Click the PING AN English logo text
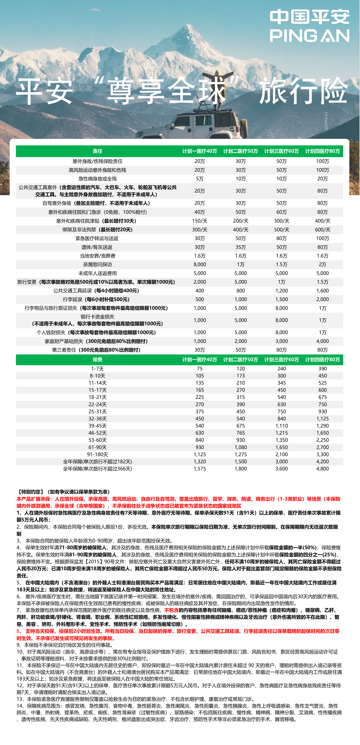click(x=309, y=36)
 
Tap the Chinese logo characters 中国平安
click(x=309, y=17)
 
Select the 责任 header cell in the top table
click(x=97, y=151)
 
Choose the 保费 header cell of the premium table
click(x=97, y=360)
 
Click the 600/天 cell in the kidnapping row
click(x=322, y=230)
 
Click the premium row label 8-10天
click(x=97, y=376)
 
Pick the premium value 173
click(x=241, y=376)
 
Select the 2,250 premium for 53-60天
click(x=322, y=440)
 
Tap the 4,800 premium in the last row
click(x=322, y=469)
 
